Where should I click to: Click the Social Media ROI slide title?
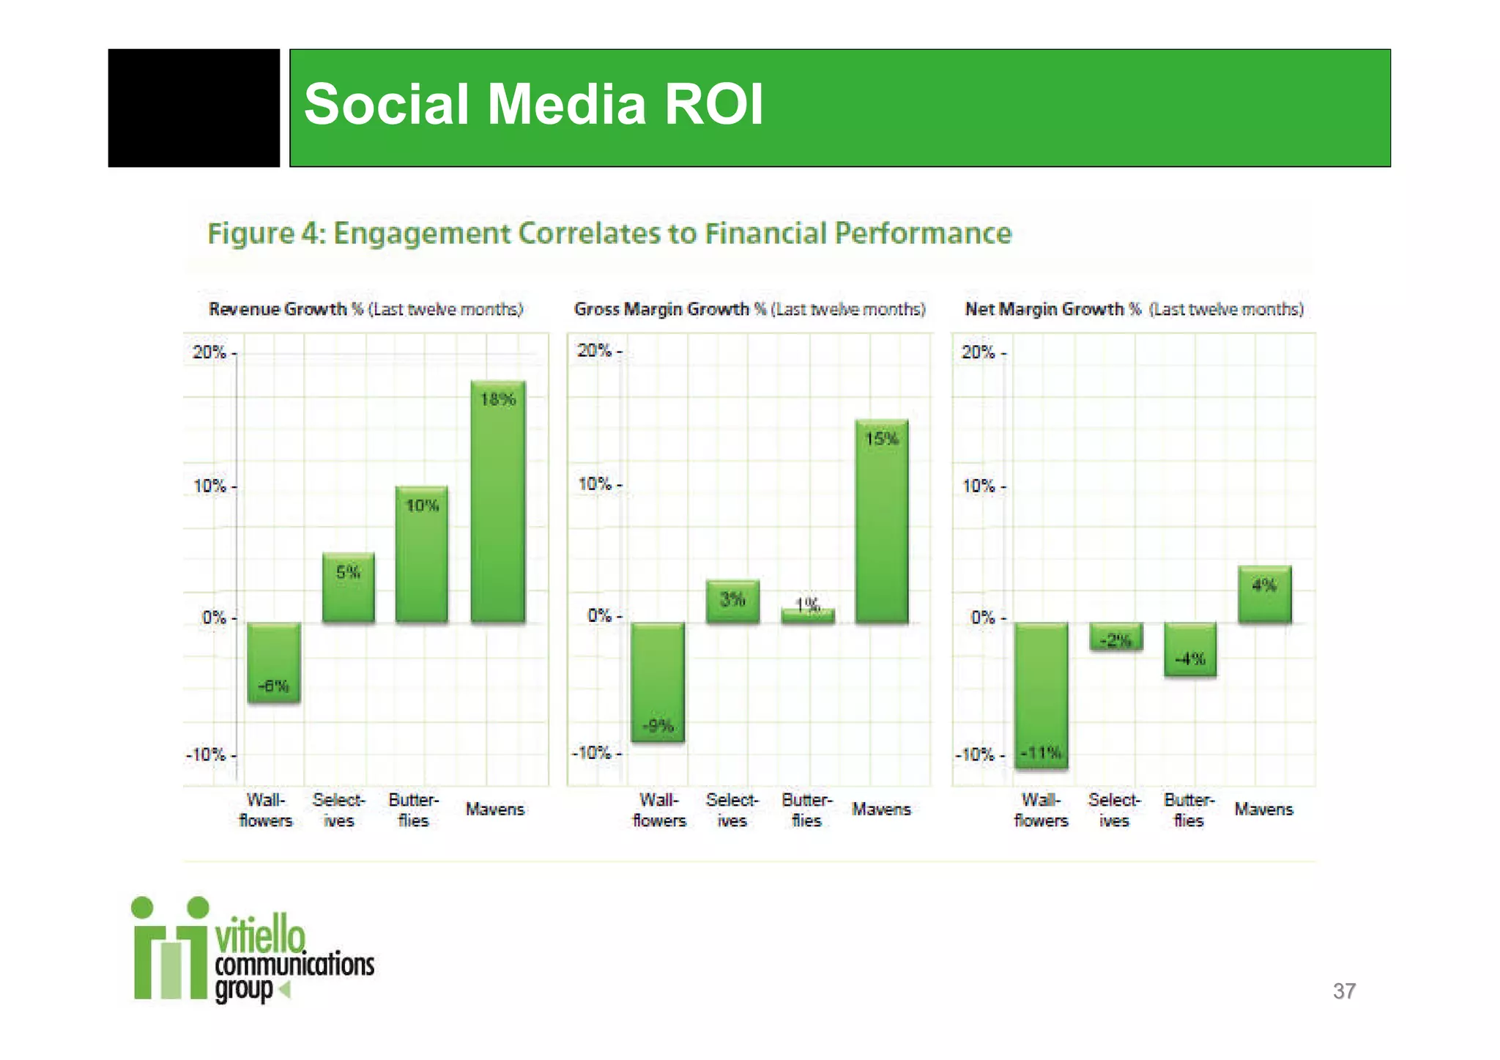click(x=533, y=105)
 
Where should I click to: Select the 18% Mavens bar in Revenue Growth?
click(x=498, y=502)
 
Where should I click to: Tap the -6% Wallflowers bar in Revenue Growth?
click(x=273, y=662)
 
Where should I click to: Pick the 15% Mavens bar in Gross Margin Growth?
click(x=882, y=522)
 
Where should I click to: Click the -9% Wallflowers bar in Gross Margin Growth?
click(x=658, y=682)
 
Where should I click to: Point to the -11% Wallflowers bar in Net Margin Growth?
click(x=1041, y=695)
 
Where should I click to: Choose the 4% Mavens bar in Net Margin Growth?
click(x=1265, y=594)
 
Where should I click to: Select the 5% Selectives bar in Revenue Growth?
click(x=349, y=588)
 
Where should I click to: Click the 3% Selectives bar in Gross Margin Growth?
click(x=732, y=601)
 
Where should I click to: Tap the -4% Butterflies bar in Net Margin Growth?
click(x=1190, y=649)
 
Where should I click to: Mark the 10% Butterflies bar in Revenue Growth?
click(x=422, y=555)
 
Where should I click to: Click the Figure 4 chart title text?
click(x=609, y=234)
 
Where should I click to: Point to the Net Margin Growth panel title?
click(x=1134, y=309)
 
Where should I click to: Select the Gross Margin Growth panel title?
click(x=749, y=309)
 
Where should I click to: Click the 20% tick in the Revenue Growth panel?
click(x=209, y=352)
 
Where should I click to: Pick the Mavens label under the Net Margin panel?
click(x=1263, y=809)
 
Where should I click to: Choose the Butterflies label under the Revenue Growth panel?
click(x=413, y=810)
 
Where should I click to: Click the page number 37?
click(x=1344, y=991)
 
